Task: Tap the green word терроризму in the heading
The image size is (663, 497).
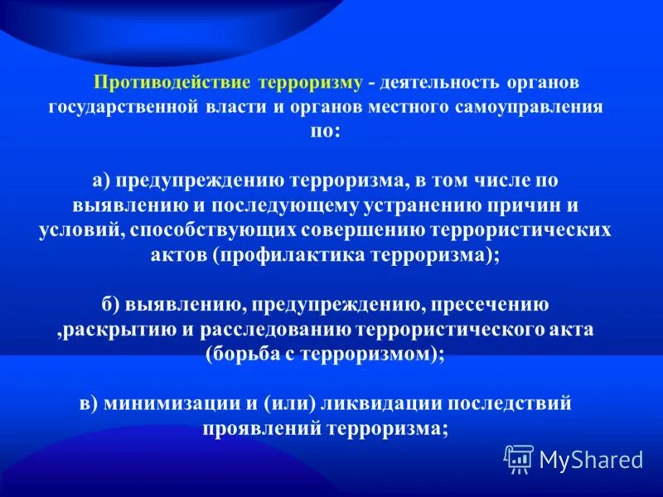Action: tap(311, 84)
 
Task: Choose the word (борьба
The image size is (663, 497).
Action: tap(248, 354)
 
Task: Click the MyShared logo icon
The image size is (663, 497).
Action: tap(519, 459)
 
